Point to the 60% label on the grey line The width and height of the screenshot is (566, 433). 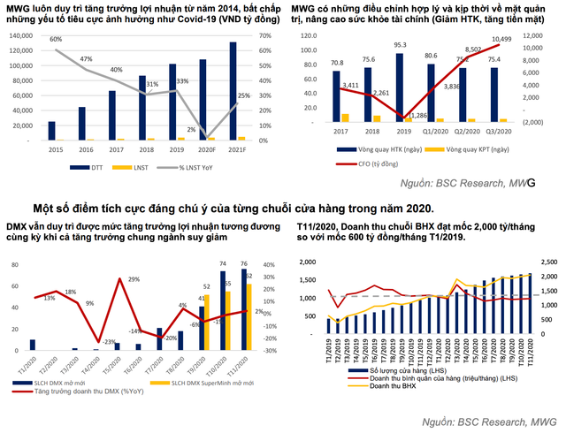coord(56,40)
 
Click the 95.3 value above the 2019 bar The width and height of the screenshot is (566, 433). coord(400,45)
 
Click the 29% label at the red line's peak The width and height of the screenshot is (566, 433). coord(134,279)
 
